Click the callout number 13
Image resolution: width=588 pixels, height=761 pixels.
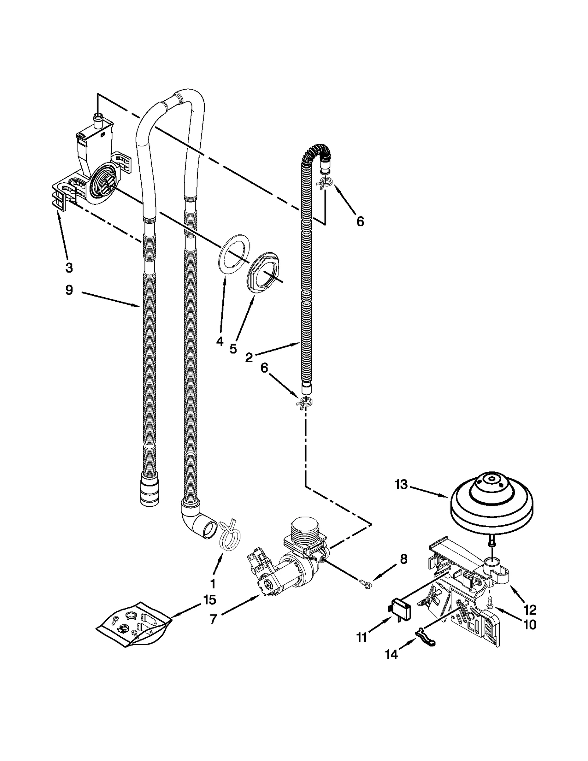pyautogui.click(x=401, y=485)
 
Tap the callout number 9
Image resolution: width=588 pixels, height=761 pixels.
pyautogui.click(x=69, y=290)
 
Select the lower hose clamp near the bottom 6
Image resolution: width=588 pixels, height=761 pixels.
pyautogui.click(x=304, y=401)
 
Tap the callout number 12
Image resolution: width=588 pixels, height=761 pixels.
pyautogui.click(x=530, y=610)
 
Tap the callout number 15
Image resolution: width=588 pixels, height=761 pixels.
pyautogui.click(x=209, y=600)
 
